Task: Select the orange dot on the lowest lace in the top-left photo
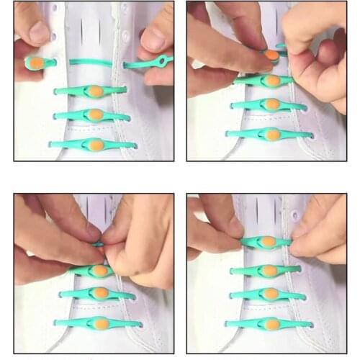96,145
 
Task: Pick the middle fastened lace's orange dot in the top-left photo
95,114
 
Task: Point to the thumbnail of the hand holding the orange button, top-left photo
36,32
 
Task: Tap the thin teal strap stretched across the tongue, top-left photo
90,63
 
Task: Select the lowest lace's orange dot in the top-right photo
270,134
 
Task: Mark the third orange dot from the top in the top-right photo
271,104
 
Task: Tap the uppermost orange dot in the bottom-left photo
99,271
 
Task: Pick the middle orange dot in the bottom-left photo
99,294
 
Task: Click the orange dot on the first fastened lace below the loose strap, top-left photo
94,91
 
